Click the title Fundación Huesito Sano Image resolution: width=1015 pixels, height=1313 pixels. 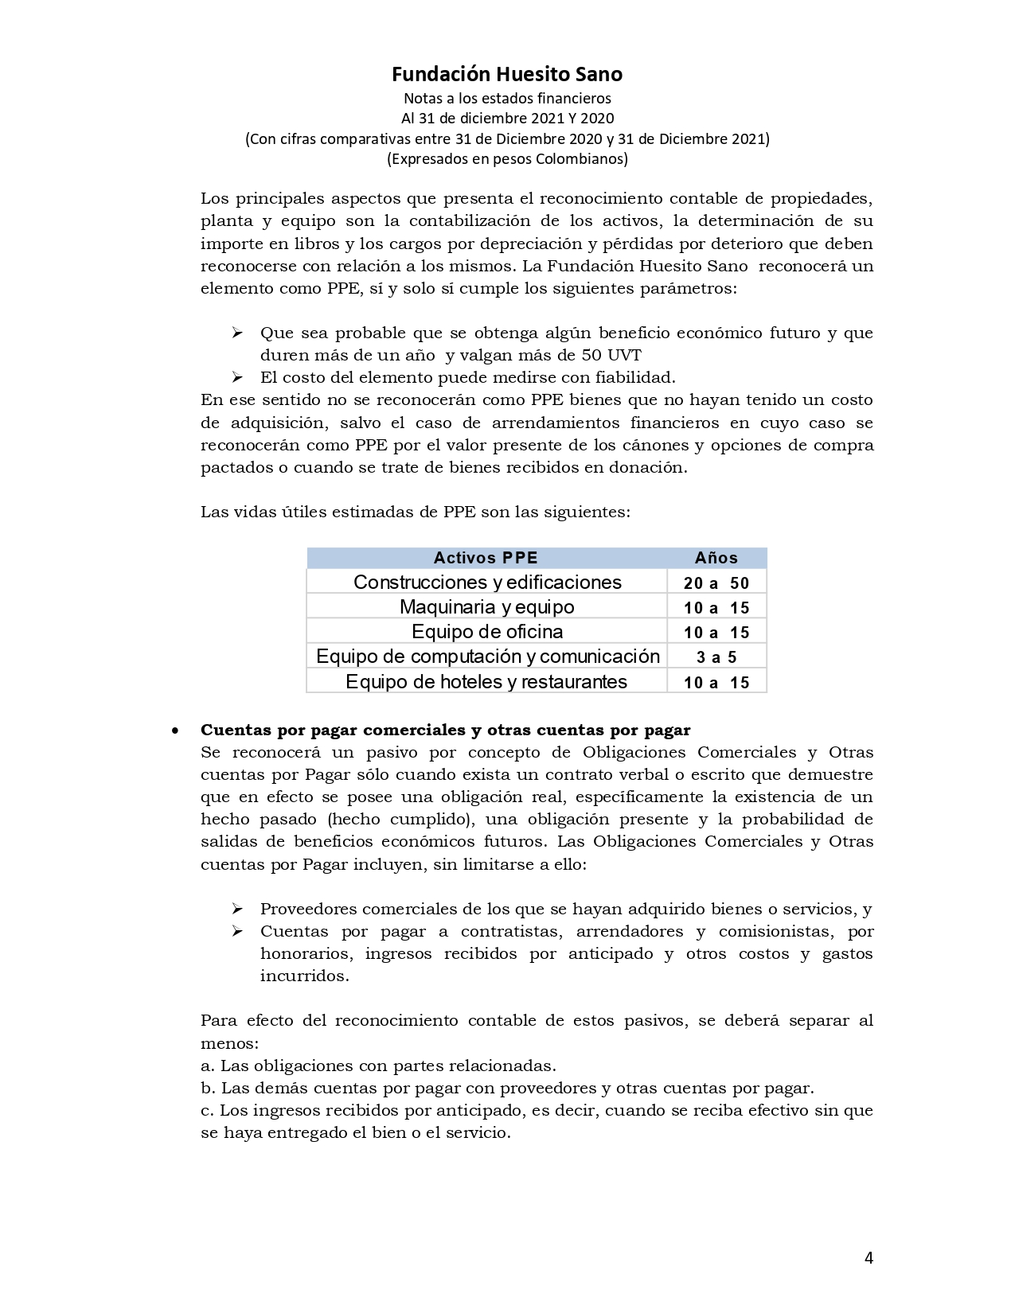506,74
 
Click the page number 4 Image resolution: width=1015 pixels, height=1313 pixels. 869,1258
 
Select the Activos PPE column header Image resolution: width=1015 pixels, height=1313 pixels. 486,558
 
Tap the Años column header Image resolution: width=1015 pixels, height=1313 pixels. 716,558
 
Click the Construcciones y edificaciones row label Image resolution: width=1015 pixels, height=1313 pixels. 487,582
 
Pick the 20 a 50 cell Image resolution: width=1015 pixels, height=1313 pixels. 716,583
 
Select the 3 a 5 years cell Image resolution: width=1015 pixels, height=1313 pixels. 716,657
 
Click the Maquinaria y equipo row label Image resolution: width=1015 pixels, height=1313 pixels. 486,607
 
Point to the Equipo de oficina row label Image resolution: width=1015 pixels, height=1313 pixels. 486,632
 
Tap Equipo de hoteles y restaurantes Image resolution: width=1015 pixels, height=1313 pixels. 486,682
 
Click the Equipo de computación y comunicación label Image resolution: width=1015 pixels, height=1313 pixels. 487,656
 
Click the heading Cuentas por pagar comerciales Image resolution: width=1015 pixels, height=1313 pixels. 445,730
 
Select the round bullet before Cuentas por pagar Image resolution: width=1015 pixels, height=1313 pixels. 174,731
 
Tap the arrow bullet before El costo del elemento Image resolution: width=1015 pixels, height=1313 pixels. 236,377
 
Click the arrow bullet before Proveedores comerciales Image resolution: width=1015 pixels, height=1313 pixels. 236,909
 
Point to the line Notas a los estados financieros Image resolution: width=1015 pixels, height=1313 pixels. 507,99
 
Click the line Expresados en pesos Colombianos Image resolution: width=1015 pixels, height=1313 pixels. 507,158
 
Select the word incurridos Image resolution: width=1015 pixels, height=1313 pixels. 304,976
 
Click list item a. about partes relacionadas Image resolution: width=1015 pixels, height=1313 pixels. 378,1066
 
